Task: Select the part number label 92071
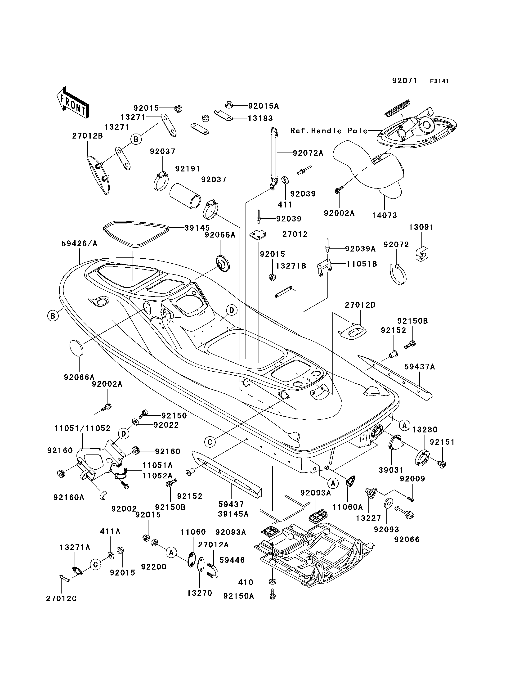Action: pyautogui.click(x=405, y=81)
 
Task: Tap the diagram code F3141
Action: pyautogui.click(x=439, y=81)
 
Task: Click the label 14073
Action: pyautogui.click(x=385, y=216)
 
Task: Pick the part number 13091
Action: pyautogui.click(x=421, y=227)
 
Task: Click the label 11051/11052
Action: pyautogui.click(x=82, y=428)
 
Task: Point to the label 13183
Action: pyautogui.click(x=260, y=118)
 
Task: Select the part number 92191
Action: pyautogui.click(x=188, y=169)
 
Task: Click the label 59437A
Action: pyautogui.click(x=420, y=367)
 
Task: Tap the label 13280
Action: pyautogui.click(x=425, y=430)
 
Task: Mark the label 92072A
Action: pyautogui.click(x=308, y=153)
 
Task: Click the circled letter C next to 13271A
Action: pyautogui.click(x=96, y=565)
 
